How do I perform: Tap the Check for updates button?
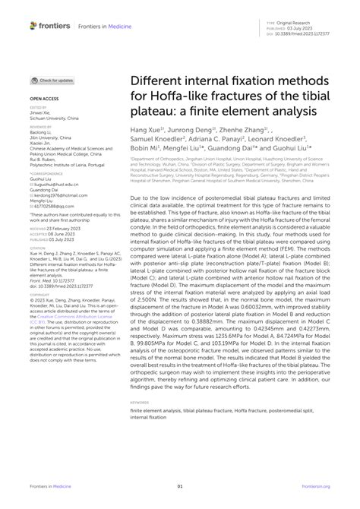pos(52,81)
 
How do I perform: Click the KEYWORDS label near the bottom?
pos(141,401)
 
